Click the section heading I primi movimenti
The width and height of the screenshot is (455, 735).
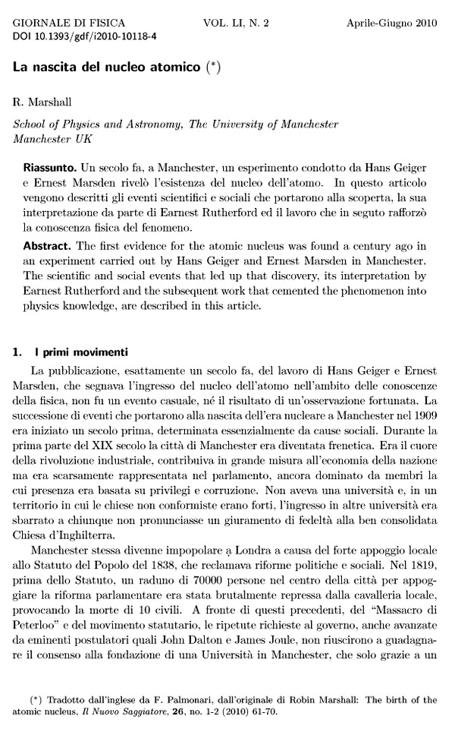click(83, 352)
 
